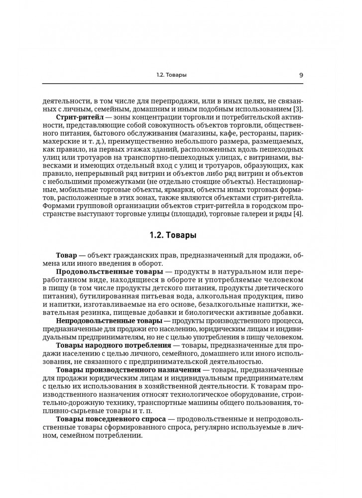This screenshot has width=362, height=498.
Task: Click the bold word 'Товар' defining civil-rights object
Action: (x=68, y=255)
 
